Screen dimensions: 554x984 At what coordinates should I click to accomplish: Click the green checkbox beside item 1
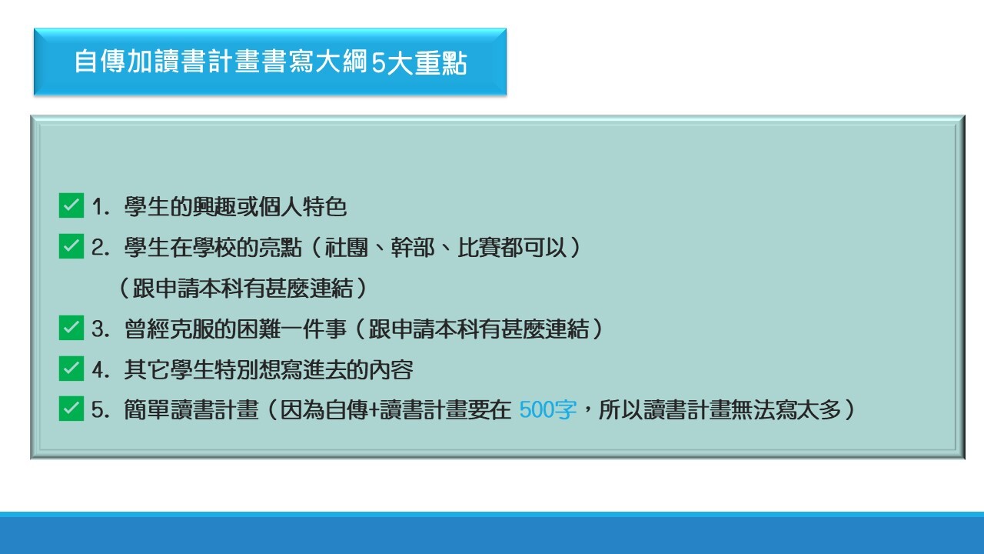pyautogui.click(x=71, y=206)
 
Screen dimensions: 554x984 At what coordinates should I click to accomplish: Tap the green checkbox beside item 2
pyautogui.click(x=71, y=247)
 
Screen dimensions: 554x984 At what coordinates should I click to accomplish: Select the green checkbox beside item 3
pyautogui.click(x=71, y=329)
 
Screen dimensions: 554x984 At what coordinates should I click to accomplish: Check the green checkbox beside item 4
pyautogui.click(x=71, y=369)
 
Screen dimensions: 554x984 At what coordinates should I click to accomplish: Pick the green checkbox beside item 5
pyautogui.click(x=71, y=410)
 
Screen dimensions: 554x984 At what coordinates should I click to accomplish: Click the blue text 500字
pyautogui.click(x=547, y=410)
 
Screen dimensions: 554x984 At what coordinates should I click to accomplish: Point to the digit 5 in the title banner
pyautogui.click(x=377, y=63)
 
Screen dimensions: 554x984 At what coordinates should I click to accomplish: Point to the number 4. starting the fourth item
pyautogui.click(x=101, y=370)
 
